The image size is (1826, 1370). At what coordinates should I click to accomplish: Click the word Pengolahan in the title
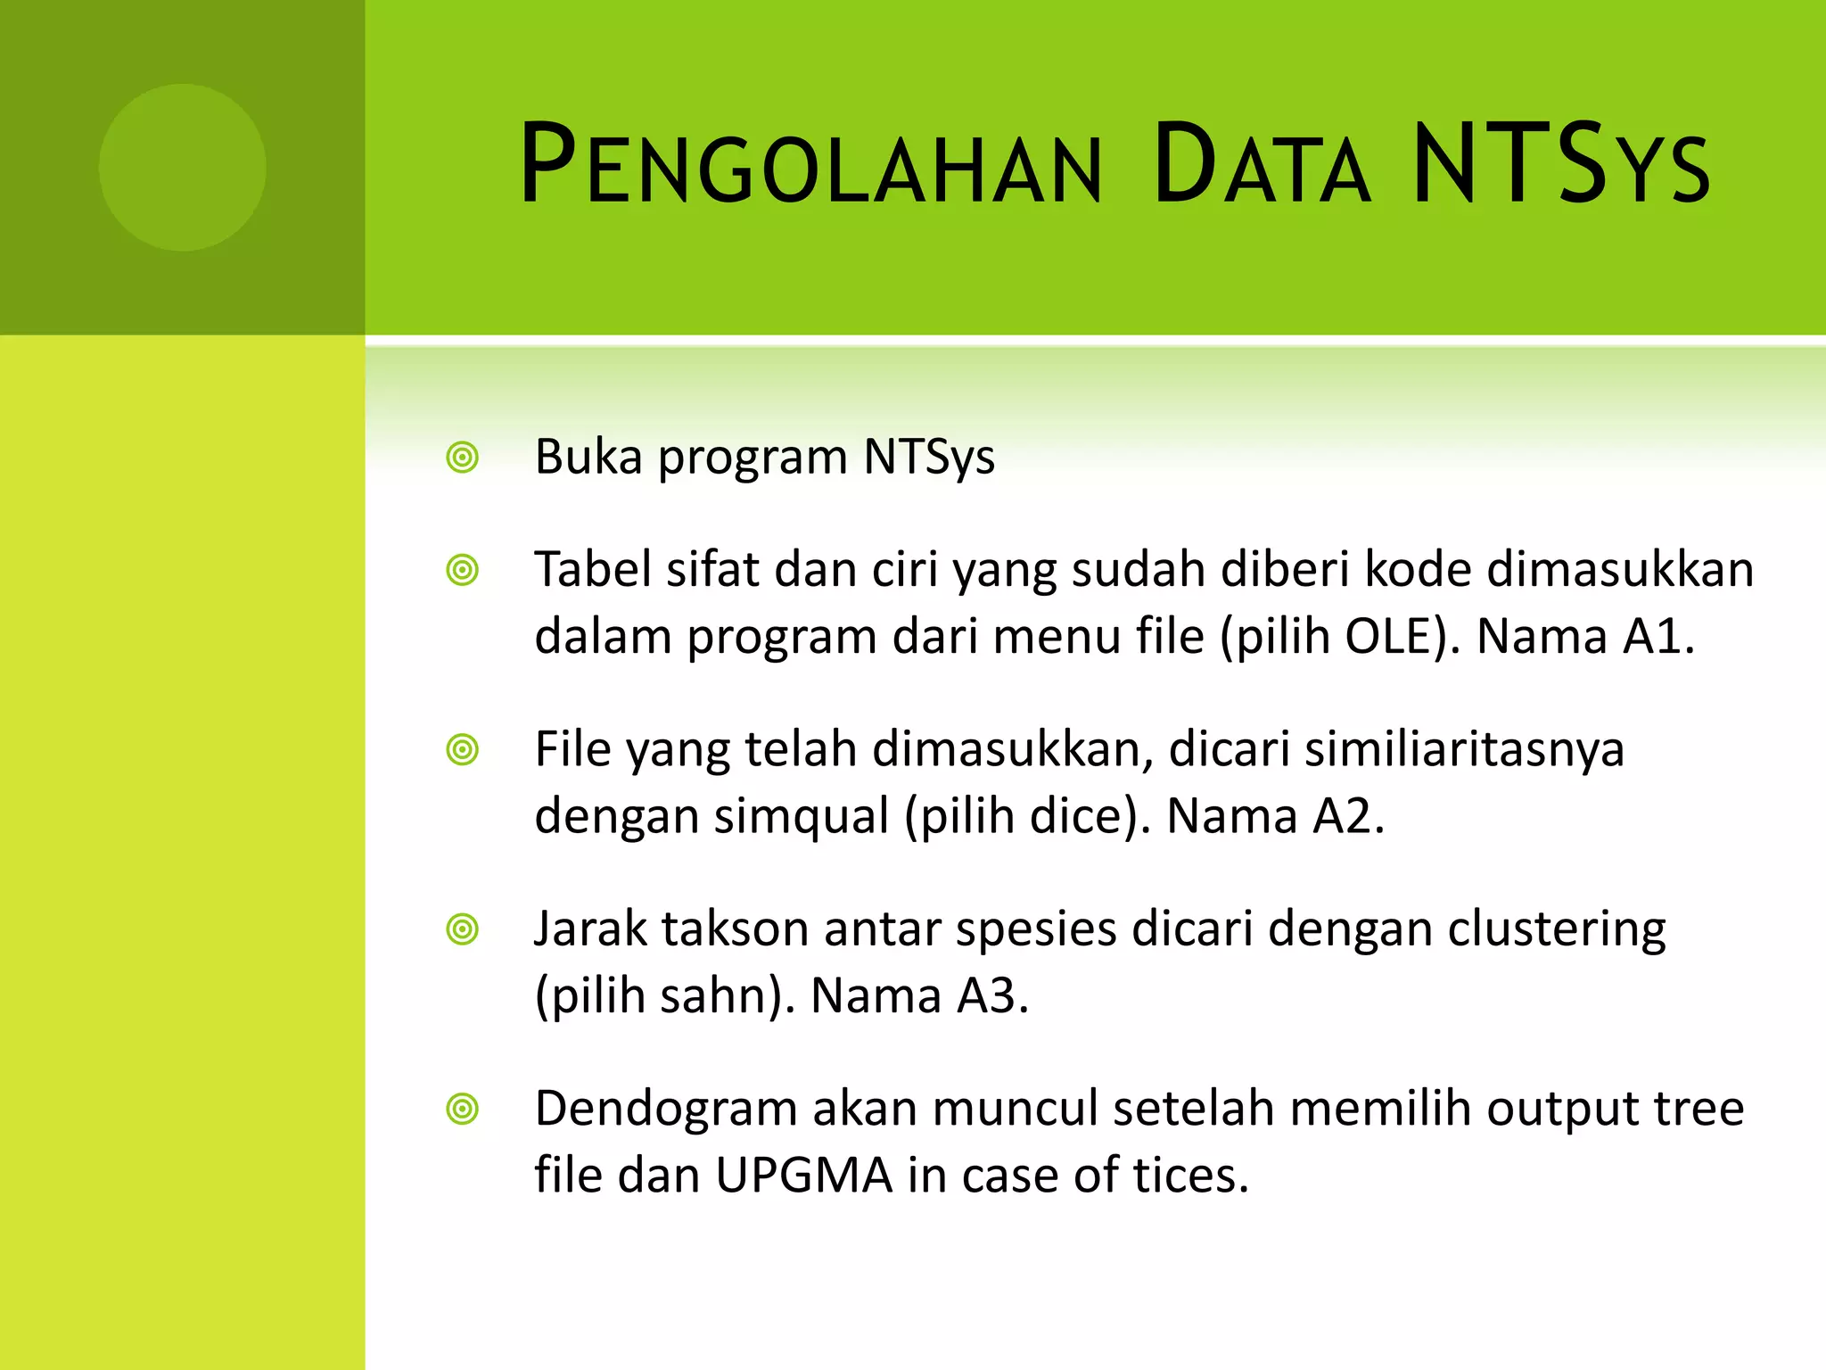pos(810,165)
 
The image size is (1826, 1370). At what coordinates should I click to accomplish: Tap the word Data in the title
pos(1261,165)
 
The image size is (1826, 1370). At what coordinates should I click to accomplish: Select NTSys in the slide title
pos(1560,165)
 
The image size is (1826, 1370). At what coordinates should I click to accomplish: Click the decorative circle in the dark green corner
pos(182,167)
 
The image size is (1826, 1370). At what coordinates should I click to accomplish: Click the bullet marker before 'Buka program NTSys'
pos(463,458)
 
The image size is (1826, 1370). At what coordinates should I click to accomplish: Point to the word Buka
pos(588,457)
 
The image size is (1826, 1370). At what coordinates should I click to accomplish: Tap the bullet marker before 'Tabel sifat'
pos(463,570)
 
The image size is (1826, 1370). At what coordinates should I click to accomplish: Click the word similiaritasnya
pos(1464,748)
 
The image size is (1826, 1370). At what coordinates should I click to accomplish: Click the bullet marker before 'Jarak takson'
pos(463,930)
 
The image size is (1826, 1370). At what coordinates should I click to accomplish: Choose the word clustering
pos(1556,929)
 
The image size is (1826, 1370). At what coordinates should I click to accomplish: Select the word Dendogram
pos(665,1109)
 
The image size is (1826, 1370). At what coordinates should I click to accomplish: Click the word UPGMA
pos(803,1176)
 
